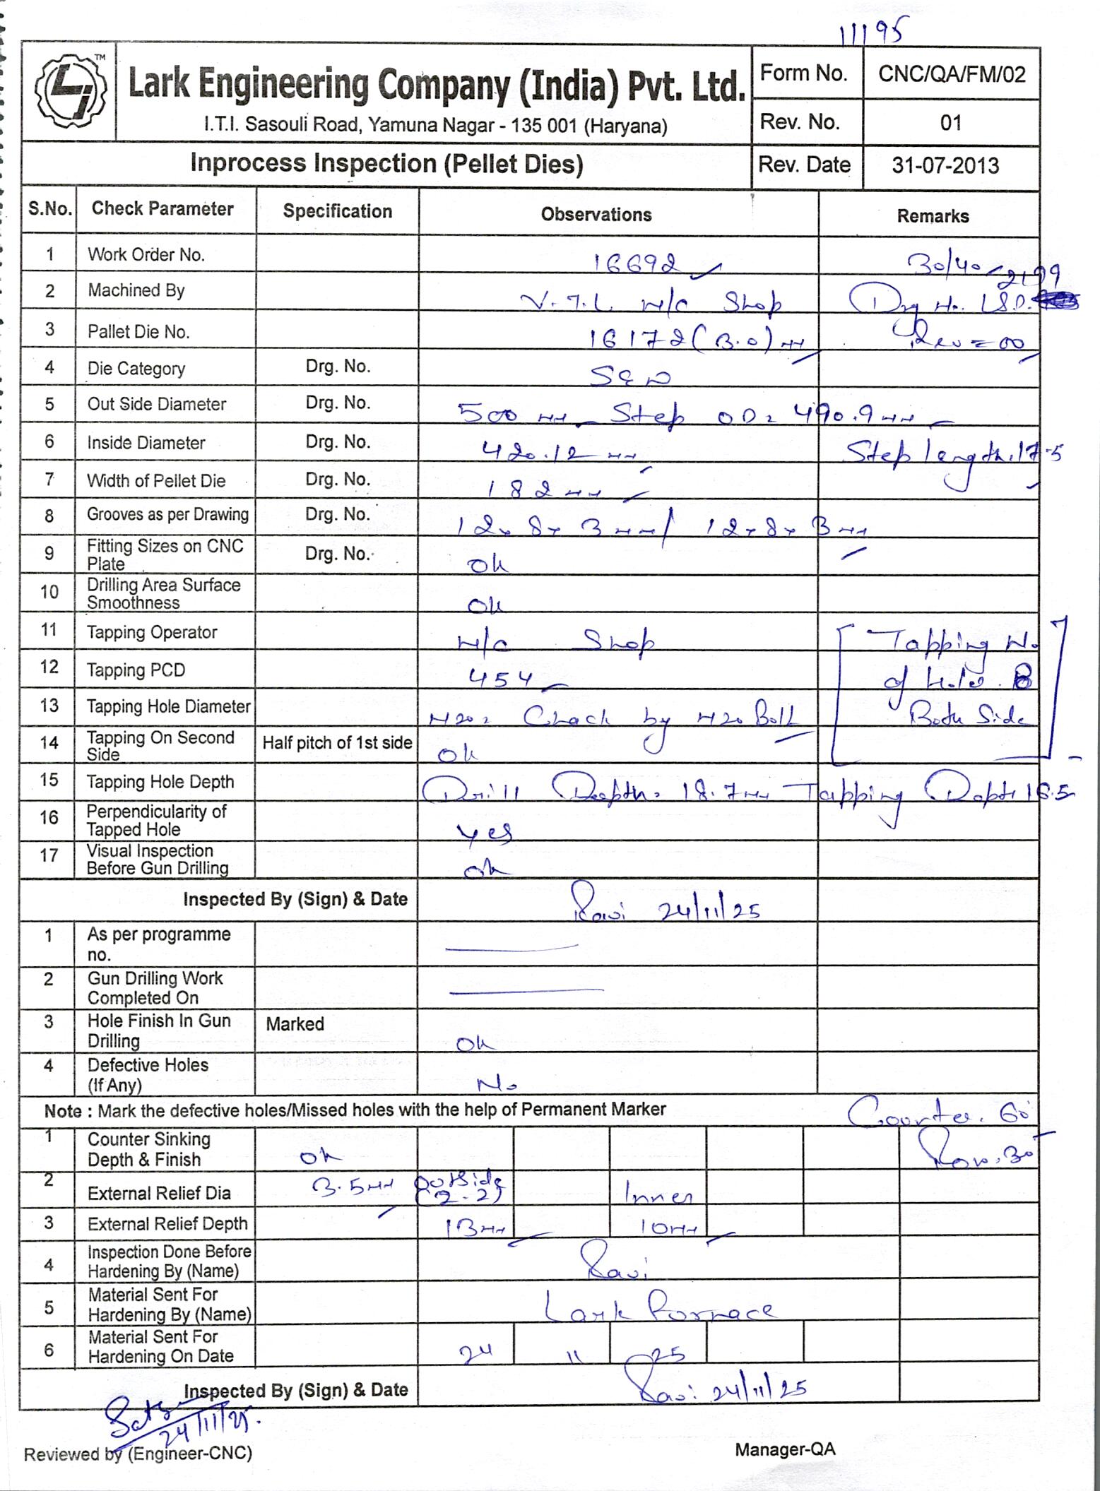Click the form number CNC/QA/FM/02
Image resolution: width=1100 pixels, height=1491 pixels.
coord(951,74)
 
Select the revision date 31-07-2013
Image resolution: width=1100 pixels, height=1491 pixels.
coord(945,166)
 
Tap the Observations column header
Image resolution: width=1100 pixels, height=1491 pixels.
coord(596,215)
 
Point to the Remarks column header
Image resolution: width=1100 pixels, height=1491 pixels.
coord(933,216)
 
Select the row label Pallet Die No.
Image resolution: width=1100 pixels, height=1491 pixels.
coord(138,332)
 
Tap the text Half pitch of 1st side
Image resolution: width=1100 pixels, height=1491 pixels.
coord(337,743)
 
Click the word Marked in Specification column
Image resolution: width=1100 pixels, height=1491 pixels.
coord(295,1024)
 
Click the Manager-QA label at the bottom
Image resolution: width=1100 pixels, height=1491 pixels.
coord(785,1449)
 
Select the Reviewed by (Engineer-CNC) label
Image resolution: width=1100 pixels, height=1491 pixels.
coord(138,1454)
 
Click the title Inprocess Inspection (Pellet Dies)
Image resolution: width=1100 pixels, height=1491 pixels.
coord(386,164)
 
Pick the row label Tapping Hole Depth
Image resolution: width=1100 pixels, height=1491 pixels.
coord(160,782)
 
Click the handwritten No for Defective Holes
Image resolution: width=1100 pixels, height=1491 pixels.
coord(497,1084)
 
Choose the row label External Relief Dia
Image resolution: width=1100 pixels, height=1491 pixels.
coord(159,1194)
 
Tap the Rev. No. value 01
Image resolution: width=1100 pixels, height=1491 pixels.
coord(951,123)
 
